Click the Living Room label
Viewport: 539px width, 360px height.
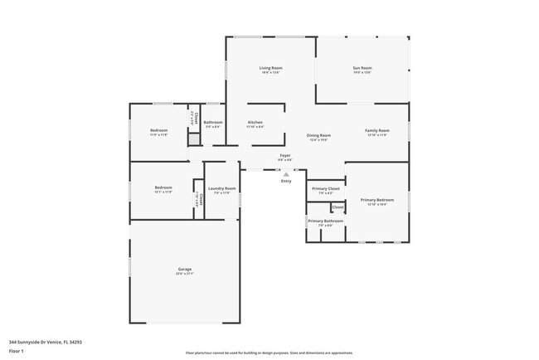coord(270,68)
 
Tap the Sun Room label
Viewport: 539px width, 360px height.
coord(362,68)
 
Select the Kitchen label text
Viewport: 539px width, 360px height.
coord(255,122)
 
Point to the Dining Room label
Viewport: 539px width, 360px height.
coord(319,135)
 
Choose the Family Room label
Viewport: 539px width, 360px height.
coord(377,130)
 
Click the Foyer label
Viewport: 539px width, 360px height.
coord(284,155)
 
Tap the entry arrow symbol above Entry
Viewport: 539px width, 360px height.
coord(286,174)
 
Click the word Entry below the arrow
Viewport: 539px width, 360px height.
coord(286,181)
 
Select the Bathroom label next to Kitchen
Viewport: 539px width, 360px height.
coord(213,122)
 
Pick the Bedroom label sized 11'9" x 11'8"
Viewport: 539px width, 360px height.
coord(158,130)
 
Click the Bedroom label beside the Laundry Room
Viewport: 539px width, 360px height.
coord(163,187)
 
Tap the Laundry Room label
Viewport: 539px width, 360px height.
coord(221,188)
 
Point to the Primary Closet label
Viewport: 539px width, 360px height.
coord(325,188)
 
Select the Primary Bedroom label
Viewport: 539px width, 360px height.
coord(377,200)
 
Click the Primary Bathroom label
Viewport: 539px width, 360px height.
coord(325,221)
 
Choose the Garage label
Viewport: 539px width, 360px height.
coord(184,269)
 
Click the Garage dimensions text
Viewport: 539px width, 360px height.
coord(184,275)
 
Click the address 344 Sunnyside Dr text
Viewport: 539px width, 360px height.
coord(46,341)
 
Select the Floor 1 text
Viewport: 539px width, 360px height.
coord(17,351)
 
